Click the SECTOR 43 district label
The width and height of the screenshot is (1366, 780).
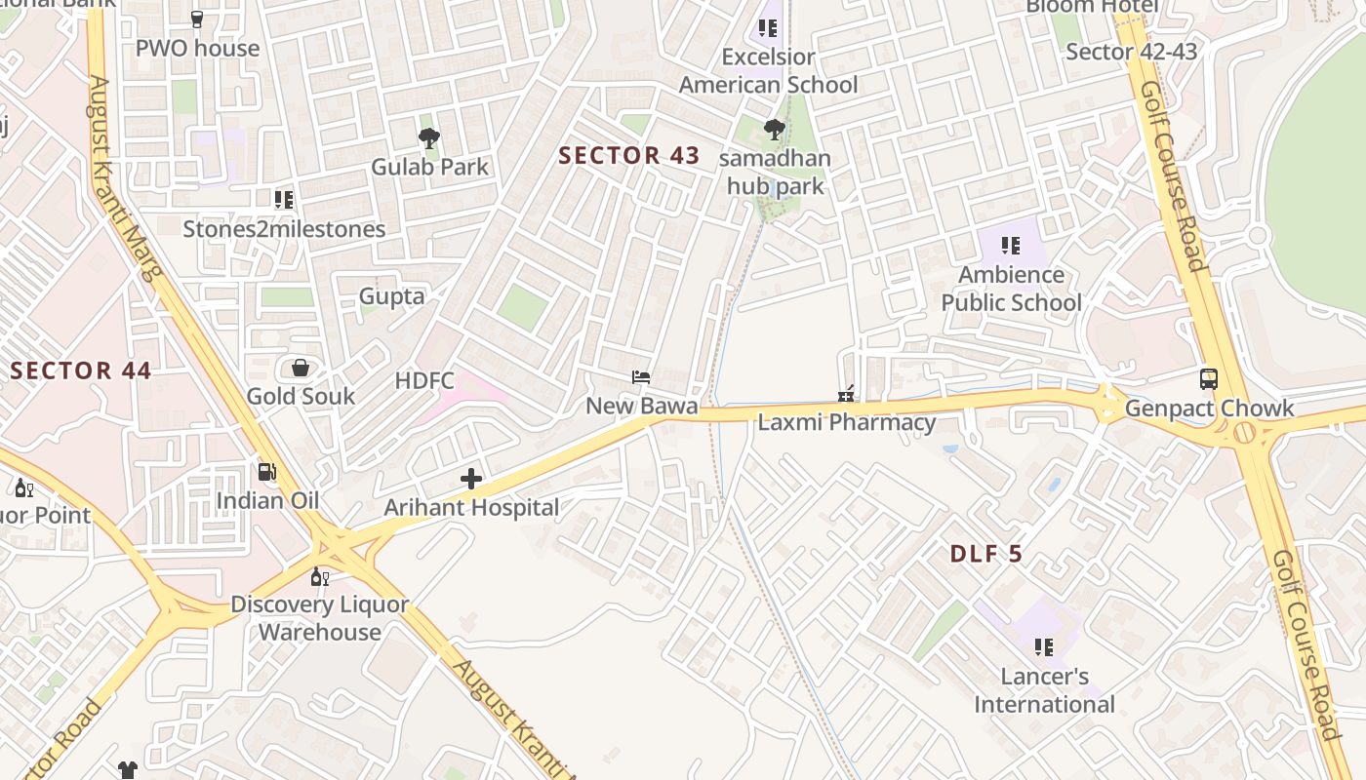629,155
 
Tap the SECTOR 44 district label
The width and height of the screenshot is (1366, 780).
81,370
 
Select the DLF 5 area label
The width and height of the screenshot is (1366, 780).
986,554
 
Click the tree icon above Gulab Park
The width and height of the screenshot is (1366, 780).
429,138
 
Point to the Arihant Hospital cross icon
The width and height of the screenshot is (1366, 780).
471,479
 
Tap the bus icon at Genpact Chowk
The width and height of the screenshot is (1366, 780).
1209,379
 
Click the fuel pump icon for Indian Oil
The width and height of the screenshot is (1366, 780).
266,472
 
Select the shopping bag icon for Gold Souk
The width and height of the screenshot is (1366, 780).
301,368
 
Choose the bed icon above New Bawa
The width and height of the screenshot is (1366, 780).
641,377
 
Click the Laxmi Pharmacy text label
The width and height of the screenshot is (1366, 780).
847,422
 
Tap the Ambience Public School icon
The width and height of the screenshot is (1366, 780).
1011,246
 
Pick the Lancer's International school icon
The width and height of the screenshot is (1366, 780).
1044,647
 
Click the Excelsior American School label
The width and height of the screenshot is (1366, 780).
768,71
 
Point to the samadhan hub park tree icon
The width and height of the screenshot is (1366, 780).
774,130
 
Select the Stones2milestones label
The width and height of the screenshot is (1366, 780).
284,229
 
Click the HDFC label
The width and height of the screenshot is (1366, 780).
424,380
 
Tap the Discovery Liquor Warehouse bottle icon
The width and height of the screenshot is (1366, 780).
319,576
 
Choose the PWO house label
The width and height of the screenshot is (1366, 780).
197,48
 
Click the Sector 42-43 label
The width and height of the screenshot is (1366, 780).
1131,52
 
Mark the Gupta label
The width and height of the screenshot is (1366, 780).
391,296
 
